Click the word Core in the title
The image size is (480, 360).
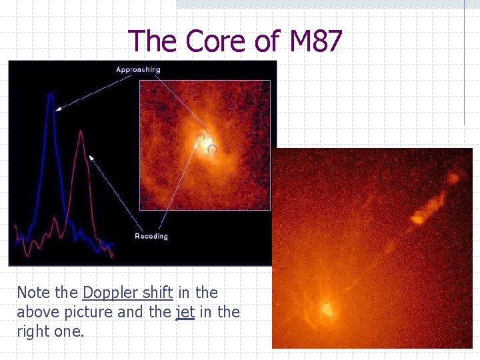pos(216,41)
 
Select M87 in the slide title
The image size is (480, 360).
pos(315,41)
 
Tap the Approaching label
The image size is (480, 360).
pos(138,69)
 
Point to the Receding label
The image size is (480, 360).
pos(151,236)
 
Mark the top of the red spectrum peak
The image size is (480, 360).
pos(81,132)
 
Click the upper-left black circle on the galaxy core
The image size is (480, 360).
pos(200,137)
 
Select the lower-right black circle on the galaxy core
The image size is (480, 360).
pos(212,149)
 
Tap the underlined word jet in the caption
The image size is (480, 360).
pos(185,311)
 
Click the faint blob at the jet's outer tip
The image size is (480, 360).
pos(453,178)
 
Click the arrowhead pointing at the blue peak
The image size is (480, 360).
pos(59,108)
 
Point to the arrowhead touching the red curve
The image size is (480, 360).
pos(91,157)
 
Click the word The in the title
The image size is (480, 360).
pos(153,41)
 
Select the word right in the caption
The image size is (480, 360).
pos(33,330)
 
